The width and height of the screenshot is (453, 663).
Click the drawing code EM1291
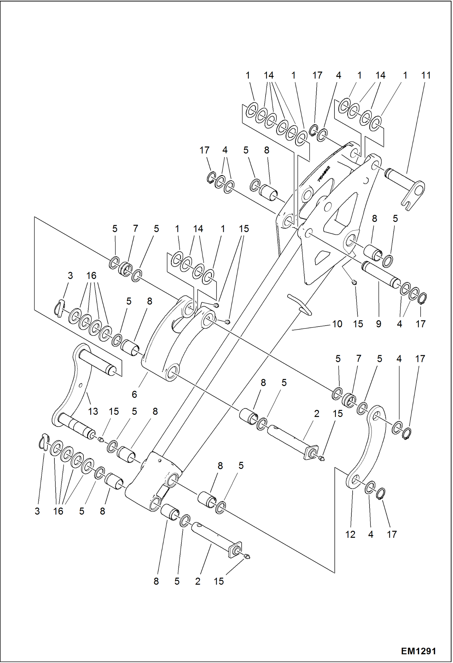click(418, 651)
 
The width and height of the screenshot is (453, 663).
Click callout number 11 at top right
click(426, 75)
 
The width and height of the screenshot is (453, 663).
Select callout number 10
click(337, 324)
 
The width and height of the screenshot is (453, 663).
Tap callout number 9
click(379, 324)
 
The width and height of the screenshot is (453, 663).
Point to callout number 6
click(134, 394)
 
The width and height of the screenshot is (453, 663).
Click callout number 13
click(93, 411)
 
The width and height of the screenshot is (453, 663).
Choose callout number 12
click(350, 534)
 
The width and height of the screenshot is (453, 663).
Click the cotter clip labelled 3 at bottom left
click(43, 442)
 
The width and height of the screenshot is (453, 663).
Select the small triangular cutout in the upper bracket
click(321, 257)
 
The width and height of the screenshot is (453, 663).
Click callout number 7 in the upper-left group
click(135, 229)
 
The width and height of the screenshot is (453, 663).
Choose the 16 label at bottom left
click(58, 511)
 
